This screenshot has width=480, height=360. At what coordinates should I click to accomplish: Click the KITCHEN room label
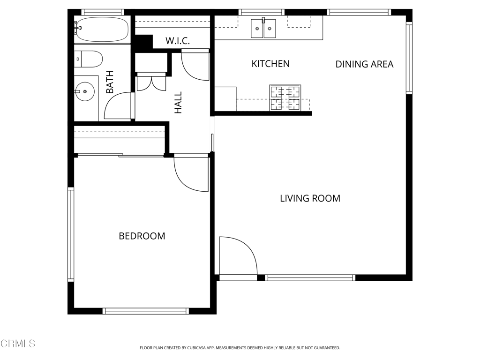pos(270,64)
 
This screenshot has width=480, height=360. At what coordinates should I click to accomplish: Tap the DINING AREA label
pos(364,64)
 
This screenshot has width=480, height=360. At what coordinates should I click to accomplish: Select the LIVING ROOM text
pos(310,198)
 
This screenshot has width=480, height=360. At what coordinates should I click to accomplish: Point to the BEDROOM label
pos(142,236)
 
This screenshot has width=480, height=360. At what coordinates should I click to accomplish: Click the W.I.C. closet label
pos(178,41)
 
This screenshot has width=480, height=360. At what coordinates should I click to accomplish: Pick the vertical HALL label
pos(178,102)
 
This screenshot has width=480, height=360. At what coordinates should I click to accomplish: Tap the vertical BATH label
pos(110,82)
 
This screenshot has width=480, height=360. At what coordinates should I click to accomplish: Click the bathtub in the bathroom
pos(102,30)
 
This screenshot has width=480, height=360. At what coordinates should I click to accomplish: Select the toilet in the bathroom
pos(88,59)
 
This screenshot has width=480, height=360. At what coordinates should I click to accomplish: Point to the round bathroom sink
pos(84,91)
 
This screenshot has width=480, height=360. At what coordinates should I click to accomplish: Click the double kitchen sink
pos(263,29)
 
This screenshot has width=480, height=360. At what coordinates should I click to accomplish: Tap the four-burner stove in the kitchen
pos(285,98)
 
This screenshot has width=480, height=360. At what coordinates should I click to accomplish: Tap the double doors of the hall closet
pos(151,82)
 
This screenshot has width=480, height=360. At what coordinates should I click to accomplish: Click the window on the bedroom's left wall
pos(71,234)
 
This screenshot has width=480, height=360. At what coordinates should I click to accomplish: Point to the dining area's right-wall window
pos(409,58)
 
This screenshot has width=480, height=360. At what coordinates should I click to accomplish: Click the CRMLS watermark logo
pos(18,344)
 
